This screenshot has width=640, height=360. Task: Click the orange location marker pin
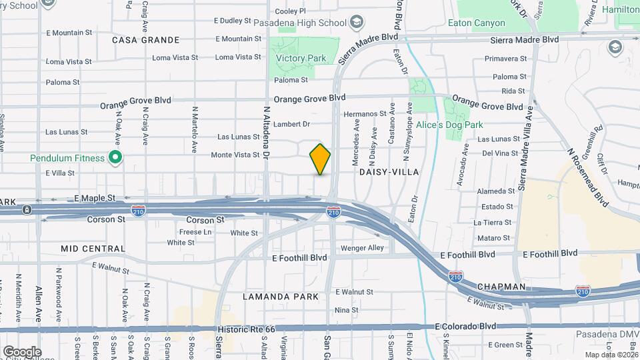pyautogui.click(x=320, y=159)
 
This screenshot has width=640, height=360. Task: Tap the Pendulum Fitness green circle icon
pyautogui.click(x=115, y=158)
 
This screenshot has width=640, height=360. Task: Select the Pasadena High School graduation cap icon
pyautogui.click(x=357, y=23)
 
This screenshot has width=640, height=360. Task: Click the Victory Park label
pyautogui.click(x=301, y=59)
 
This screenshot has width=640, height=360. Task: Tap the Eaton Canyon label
pyautogui.click(x=480, y=23)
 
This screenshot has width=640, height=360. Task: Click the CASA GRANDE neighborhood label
pyautogui.click(x=146, y=40)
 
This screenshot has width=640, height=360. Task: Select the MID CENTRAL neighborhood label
pyautogui.click(x=93, y=249)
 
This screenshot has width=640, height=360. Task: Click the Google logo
pyautogui.click(x=21, y=351)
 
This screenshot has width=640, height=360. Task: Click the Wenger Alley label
pyautogui.click(x=363, y=248)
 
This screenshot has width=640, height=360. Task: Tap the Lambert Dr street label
pyautogui.click(x=293, y=124)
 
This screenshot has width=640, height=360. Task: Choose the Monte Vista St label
pyautogui.click(x=235, y=155)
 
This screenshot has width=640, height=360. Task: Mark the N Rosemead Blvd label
pyautogui.click(x=589, y=177)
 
